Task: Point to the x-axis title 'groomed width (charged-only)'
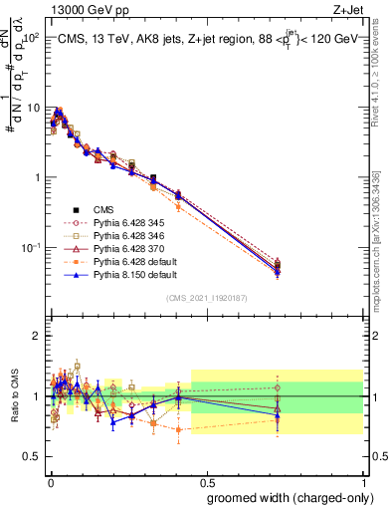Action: coord(284,496)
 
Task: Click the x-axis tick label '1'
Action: coord(362,481)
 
